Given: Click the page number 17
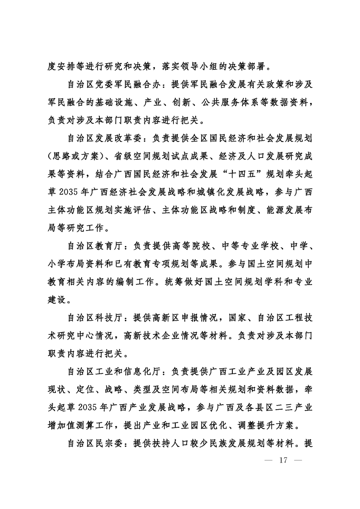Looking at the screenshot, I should (x=284, y=460).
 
